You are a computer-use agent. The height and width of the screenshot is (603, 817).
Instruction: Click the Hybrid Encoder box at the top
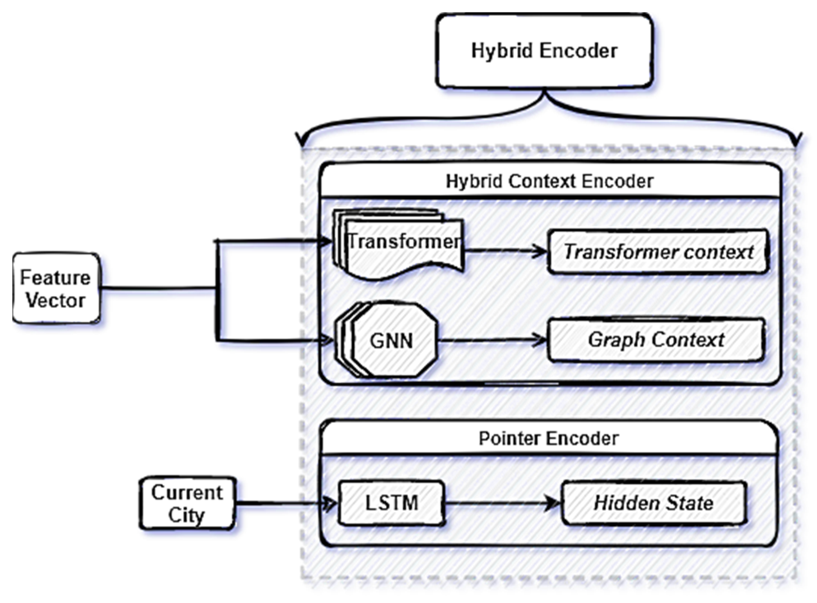[x=544, y=51]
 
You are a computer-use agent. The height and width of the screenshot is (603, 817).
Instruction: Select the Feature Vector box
[x=56, y=288]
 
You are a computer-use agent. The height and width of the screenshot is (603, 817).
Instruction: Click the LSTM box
[x=391, y=503]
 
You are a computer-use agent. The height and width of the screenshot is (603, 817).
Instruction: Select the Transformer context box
[x=658, y=252]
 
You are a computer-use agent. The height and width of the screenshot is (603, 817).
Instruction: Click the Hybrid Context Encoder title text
[x=549, y=181]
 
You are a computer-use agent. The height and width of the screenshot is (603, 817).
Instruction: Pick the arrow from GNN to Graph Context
[x=493, y=340]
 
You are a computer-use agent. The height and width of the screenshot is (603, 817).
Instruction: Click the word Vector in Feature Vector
[x=55, y=301]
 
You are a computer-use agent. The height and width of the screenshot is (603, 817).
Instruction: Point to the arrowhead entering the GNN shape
[x=328, y=341]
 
